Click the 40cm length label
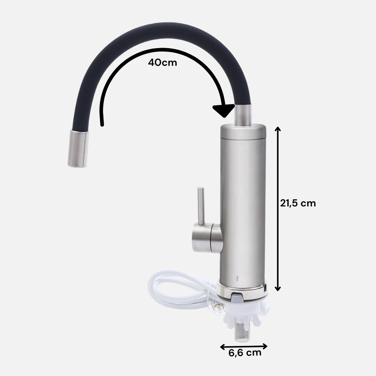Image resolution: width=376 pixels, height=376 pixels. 162,62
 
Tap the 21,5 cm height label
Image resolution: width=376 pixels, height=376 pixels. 298,203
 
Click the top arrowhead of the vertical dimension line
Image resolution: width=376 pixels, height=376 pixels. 278,129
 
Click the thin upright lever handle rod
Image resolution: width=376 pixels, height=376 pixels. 200,205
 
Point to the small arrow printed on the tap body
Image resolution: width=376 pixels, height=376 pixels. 237,278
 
